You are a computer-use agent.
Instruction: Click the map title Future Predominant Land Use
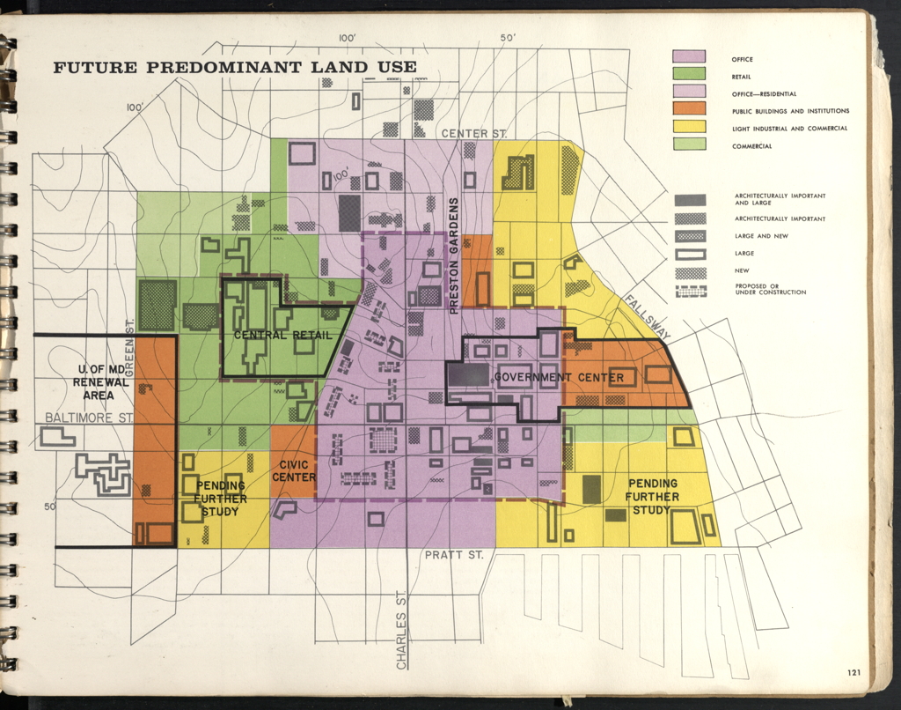(x=235, y=68)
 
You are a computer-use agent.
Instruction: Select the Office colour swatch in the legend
(x=689, y=58)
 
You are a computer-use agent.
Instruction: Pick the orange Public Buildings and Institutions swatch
(x=689, y=110)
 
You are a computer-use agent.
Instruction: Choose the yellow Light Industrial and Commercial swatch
(x=689, y=128)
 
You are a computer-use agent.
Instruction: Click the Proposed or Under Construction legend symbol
(x=690, y=291)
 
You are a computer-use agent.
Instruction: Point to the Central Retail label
(x=282, y=336)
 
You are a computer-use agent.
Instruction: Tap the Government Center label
(x=559, y=378)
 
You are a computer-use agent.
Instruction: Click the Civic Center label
(x=294, y=471)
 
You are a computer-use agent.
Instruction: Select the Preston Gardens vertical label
(x=454, y=255)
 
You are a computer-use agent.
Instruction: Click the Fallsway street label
(x=647, y=314)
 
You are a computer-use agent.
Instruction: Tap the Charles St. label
(x=401, y=628)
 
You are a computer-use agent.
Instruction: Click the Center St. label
(x=474, y=134)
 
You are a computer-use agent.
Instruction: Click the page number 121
(x=853, y=673)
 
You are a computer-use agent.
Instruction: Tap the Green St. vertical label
(x=130, y=348)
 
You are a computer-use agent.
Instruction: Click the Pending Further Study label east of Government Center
(x=652, y=496)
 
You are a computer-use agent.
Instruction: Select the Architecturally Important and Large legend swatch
(x=690, y=200)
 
